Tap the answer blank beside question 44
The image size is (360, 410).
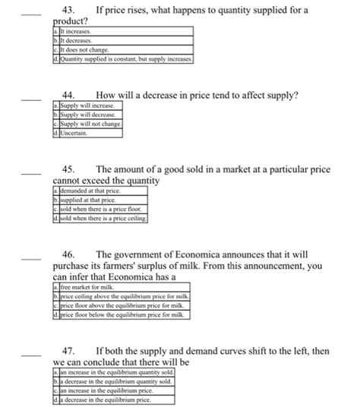click(32, 98)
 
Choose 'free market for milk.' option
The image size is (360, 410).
click(87, 289)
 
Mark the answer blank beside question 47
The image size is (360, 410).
click(32, 354)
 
